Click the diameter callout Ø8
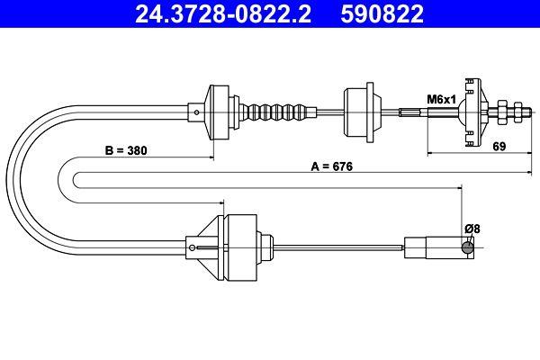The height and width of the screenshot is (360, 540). click(x=472, y=228)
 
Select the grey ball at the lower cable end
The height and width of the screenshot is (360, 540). click(x=467, y=247)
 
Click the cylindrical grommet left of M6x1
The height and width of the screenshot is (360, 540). click(x=359, y=112)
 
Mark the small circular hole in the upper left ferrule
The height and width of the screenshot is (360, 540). click(x=197, y=112)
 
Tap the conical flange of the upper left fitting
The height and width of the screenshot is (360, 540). click(x=216, y=112)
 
